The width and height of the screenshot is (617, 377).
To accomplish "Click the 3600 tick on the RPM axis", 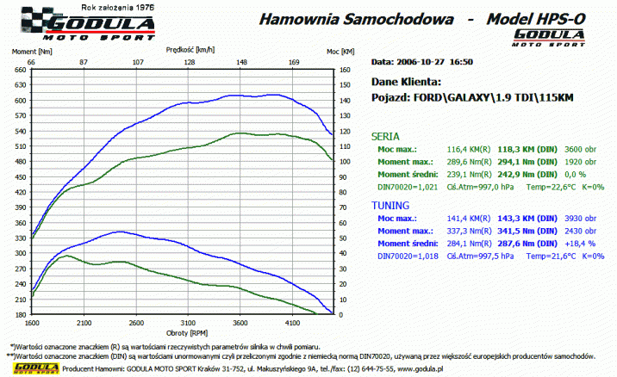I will pos(240,323).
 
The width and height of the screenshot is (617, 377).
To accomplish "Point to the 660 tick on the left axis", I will pos(20,71).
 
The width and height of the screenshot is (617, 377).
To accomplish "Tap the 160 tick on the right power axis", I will pos(345,71).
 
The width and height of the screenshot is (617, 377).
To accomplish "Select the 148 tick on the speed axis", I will pos(241,62).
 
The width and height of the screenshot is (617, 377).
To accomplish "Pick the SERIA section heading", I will pos(384,136).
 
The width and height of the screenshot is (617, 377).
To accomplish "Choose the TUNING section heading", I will pos(390,207).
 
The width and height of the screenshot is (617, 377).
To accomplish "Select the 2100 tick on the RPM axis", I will pos(84,323).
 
